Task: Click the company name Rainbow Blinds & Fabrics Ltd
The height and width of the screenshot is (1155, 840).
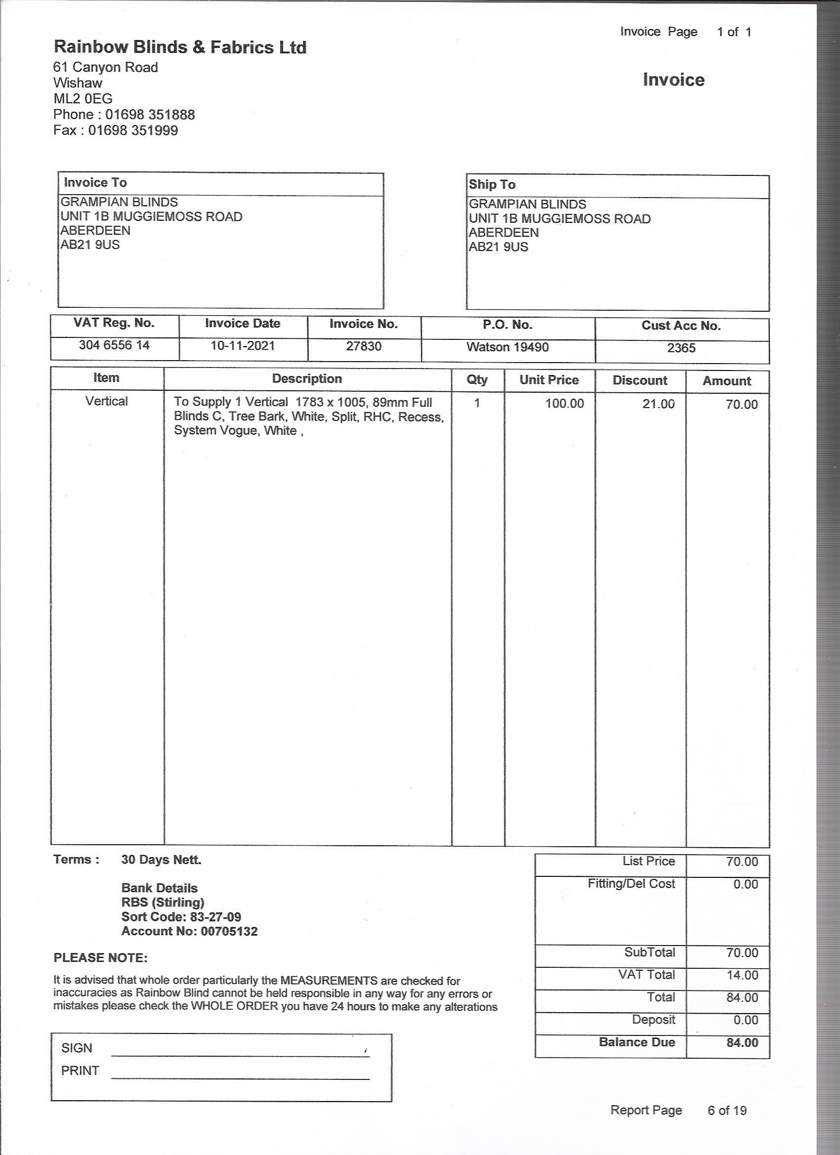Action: tap(180, 47)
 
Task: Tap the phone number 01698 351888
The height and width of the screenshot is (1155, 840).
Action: tap(150, 115)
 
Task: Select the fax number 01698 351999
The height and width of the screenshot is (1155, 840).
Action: tap(133, 130)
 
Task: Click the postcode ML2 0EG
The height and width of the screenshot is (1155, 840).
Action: tap(83, 99)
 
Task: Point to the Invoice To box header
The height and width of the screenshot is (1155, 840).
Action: tap(95, 182)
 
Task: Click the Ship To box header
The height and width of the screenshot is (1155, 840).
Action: tap(492, 184)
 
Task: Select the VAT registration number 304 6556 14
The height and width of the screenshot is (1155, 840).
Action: tap(114, 345)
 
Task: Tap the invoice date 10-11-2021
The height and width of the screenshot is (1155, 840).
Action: tap(243, 346)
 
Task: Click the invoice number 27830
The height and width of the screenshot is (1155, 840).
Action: tap(364, 346)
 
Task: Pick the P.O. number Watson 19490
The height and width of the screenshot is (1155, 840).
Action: tap(507, 347)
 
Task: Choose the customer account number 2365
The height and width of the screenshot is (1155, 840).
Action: tap(681, 348)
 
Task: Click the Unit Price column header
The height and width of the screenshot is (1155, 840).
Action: tap(548, 380)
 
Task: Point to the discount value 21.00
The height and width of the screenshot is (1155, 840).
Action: tap(658, 404)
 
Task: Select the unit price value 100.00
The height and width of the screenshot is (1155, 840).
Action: tap(564, 403)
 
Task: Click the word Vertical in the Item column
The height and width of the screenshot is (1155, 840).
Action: tap(106, 401)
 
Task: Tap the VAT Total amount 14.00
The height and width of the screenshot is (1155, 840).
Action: tap(742, 975)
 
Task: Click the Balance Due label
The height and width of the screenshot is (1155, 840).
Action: tap(637, 1042)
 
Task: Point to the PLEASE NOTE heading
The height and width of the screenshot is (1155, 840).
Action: tap(100, 957)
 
